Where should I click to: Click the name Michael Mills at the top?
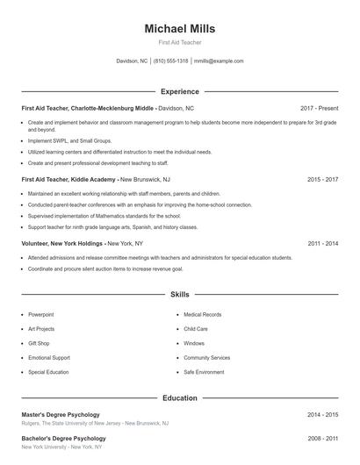coord(179,29)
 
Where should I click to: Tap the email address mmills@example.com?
coord(219,61)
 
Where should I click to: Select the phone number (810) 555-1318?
coord(170,61)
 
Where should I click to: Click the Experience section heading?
coord(179,91)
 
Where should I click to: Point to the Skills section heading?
coord(179,295)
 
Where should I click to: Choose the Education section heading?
coord(179,398)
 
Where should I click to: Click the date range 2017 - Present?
coord(319,108)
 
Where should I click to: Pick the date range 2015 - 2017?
coord(323,179)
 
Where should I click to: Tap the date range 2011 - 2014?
coord(323,243)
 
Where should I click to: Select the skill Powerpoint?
coord(40,314)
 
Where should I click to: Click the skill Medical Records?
coord(202,314)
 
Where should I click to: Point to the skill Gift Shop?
coord(39,343)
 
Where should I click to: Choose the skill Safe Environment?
coord(204,372)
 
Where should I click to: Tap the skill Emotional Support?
coord(48,358)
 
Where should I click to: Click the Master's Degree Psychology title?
coord(61,414)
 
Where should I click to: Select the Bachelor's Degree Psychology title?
coord(63,438)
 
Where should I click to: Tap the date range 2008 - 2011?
coord(323,438)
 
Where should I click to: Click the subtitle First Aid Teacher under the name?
coord(179,42)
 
